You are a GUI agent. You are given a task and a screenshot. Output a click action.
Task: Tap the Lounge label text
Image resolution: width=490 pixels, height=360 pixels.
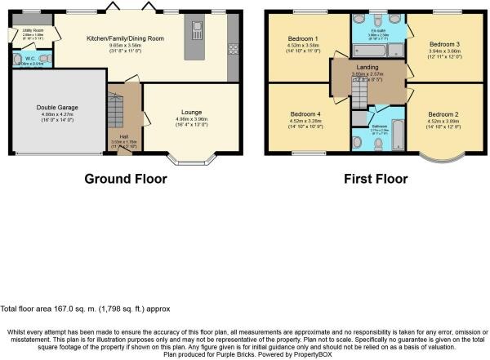(192, 113)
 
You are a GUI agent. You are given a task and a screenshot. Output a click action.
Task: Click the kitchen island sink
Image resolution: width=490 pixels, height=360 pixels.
(196, 32)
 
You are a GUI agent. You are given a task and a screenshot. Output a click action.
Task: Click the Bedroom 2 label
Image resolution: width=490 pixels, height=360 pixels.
(441, 115)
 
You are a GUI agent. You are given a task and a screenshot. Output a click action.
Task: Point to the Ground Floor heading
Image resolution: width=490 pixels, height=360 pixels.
(126, 178)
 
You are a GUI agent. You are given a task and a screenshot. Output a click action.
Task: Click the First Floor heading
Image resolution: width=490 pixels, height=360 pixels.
(372, 178)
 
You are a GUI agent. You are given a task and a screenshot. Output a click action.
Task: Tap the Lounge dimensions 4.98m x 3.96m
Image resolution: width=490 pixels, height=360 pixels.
(192, 120)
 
